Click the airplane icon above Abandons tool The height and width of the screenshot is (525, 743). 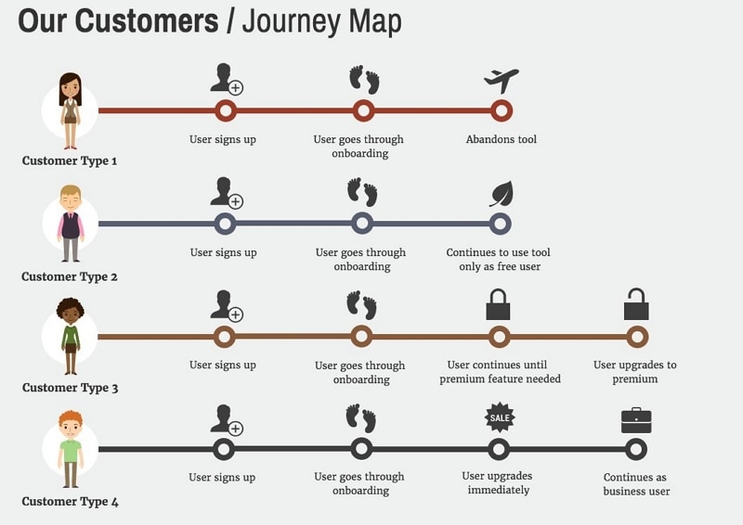click(502, 81)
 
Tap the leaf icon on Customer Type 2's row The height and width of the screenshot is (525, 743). click(502, 194)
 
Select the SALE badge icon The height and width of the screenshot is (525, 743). click(500, 417)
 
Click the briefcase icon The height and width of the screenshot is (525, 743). click(636, 420)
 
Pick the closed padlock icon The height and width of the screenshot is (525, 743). click(499, 304)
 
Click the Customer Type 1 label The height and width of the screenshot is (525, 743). click(70, 160)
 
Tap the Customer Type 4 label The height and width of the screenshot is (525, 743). click(71, 503)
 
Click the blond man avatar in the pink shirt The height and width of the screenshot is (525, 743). click(71, 224)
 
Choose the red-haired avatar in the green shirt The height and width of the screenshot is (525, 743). click(71, 450)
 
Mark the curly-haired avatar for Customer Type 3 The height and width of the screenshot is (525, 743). click(71, 335)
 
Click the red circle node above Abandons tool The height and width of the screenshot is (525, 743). click(502, 111)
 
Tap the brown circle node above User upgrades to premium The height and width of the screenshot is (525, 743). click(636, 336)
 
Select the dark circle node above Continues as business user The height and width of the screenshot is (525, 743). click(636, 450)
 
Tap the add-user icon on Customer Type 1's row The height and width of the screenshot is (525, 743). click(226, 80)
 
